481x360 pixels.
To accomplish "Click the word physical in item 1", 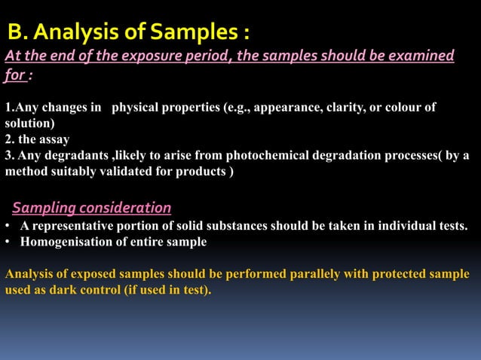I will point(141,108).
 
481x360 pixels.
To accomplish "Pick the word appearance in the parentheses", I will point(285,108).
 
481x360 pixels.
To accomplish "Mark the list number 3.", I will point(9,155).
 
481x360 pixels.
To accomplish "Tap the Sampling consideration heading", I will point(91,207).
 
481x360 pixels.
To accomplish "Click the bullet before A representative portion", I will point(7,226).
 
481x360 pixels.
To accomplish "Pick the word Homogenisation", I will point(61,242).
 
